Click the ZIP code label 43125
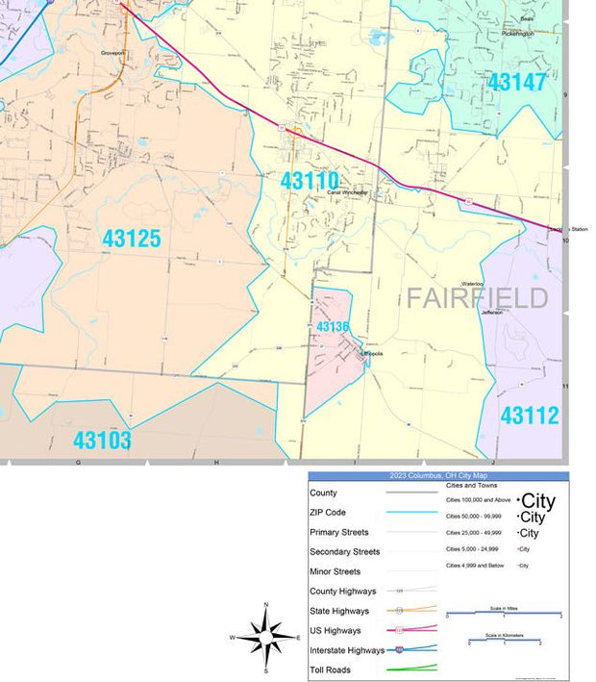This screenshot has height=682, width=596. point(132,239)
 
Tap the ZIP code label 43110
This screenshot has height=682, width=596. point(310,180)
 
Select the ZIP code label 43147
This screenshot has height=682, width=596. point(516,82)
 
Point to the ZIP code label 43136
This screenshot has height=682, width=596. point(333,327)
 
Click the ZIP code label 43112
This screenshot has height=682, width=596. point(530,416)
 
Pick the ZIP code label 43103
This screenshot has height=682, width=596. point(102,441)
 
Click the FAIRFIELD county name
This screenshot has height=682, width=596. point(477,297)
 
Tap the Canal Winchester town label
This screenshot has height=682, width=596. point(348,192)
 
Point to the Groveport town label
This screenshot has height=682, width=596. point(113,53)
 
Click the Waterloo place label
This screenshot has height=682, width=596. point(471,284)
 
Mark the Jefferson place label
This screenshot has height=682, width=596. point(492,313)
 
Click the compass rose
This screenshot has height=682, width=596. point(265,636)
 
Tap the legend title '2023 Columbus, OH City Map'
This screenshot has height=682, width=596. point(438,476)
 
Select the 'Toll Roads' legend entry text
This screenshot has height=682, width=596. point(330,669)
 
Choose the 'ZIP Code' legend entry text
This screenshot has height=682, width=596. point(328,513)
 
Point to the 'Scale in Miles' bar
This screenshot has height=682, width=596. point(504,612)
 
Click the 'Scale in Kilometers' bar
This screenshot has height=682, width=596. point(504,640)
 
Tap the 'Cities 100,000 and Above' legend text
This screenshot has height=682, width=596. point(478,500)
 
